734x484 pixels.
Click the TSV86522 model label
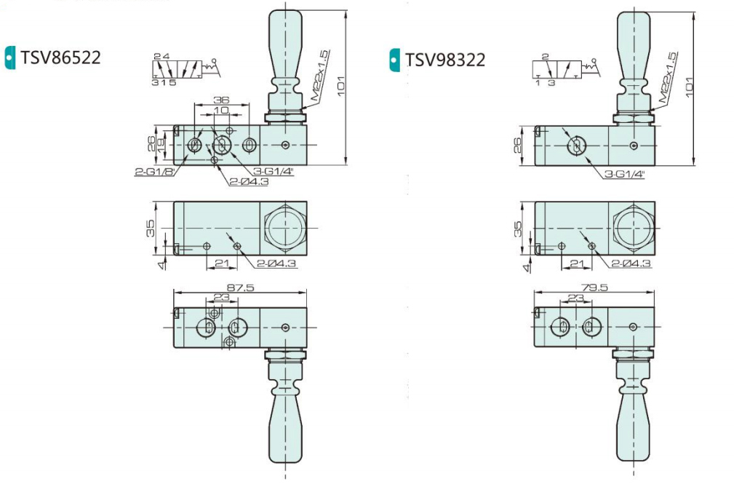click(60, 57)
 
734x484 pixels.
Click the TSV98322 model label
click(444, 60)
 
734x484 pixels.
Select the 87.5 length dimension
click(240, 287)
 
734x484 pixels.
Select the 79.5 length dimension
click(594, 287)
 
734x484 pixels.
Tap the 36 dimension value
click(221, 100)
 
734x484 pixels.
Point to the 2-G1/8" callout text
click(155, 172)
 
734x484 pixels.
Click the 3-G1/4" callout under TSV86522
click(273, 172)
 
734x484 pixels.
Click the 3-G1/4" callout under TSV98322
click(624, 174)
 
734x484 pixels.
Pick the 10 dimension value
click(221, 110)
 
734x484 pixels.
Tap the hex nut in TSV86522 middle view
click(285, 229)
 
